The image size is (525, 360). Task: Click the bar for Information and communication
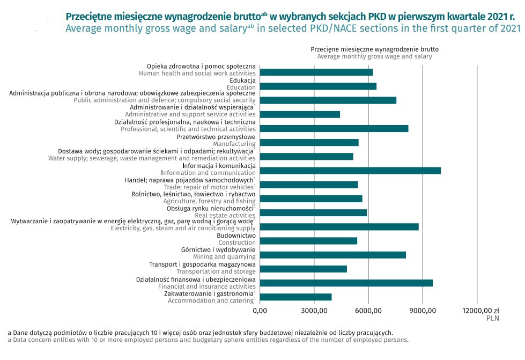coord(350,171)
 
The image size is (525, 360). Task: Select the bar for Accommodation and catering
coord(295,297)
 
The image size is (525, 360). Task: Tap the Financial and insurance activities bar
coord(346,283)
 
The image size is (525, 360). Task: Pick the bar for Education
coord(318,86)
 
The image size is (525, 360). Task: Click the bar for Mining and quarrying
coord(332,255)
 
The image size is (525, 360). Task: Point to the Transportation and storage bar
coord(303,269)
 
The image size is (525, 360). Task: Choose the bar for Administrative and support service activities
coord(300,114)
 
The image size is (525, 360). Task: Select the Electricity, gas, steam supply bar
coord(339,227)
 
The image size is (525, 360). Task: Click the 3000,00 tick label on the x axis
coord(314,310)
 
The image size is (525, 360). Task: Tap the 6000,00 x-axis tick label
coord(368,310)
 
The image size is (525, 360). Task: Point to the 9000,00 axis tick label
coord(423,310)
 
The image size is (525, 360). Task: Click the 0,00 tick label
coord(260,310)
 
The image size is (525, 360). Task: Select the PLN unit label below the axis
coord(492,318)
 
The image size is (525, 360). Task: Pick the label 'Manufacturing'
coord(234,144)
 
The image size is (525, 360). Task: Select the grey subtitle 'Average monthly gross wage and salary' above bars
coord(374,56)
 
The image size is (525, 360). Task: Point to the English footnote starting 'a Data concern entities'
coord(208,340)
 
